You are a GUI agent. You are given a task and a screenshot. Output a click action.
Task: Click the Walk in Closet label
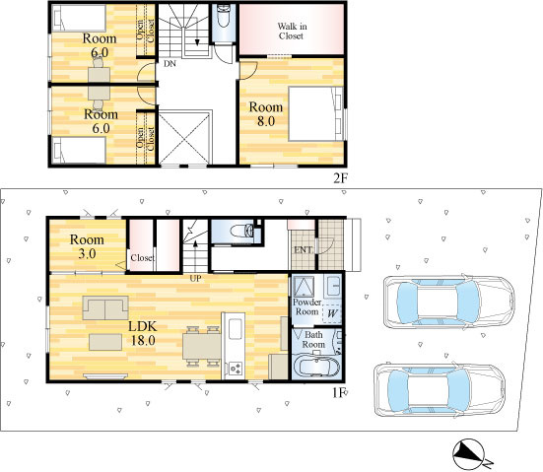[292, 32]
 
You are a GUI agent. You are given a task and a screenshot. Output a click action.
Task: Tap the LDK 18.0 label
[143, 333]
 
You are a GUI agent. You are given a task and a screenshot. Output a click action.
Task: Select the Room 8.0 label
[266, 114]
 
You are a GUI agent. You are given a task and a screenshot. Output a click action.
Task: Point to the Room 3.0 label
[87, 246]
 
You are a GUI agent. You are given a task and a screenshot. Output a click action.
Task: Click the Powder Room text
[306, 306]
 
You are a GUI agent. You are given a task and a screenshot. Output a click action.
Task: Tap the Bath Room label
[313, 340]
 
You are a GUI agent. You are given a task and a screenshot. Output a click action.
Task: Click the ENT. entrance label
[304, 249]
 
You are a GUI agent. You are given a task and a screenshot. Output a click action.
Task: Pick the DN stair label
[170, 64]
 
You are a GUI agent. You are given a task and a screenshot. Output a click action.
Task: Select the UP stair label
[195, 279]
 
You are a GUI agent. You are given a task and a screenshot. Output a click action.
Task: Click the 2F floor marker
[340, 178]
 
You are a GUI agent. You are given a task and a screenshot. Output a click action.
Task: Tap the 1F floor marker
[339, 393]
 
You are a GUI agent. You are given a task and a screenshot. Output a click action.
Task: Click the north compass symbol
[468, 454]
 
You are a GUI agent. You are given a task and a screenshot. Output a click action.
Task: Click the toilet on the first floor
[242, 231]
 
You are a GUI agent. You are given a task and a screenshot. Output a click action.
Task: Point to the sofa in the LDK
[105, 307]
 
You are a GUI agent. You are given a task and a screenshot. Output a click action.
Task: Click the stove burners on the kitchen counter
[236, 369]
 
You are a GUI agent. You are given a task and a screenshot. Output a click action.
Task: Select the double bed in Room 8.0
[315, 113]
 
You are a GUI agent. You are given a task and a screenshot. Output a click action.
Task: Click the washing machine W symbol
[332, 313]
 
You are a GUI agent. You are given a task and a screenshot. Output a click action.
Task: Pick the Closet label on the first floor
[142, 258]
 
